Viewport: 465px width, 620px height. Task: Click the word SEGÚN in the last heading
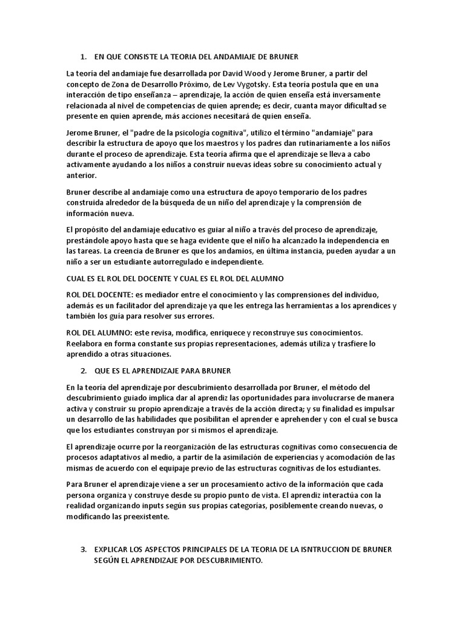[107, 561]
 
